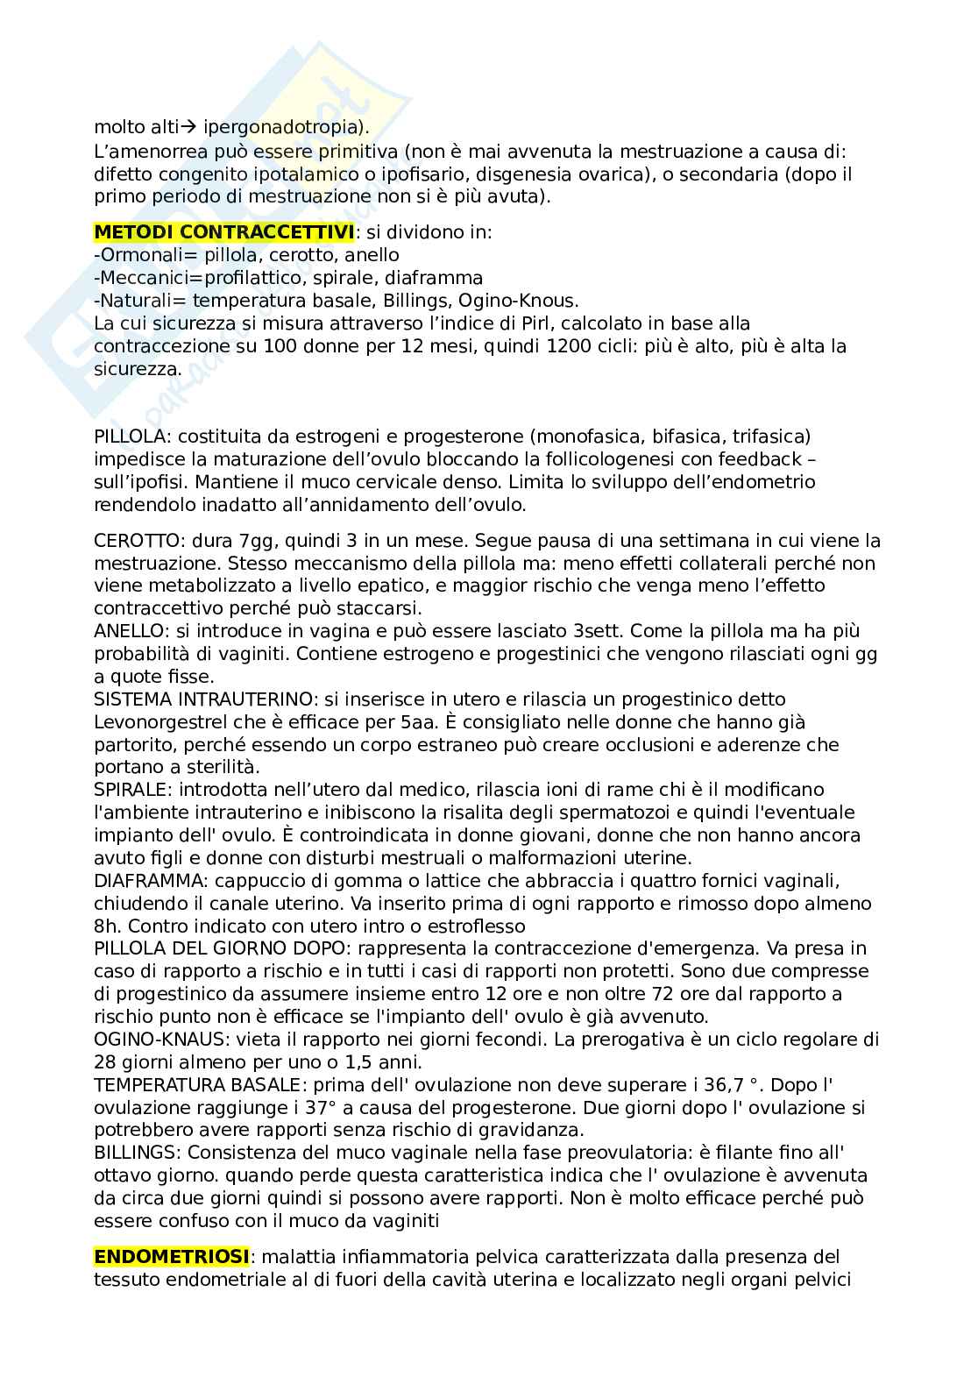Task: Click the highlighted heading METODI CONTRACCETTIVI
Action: [x=223, y=232]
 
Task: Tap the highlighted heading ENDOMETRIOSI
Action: [x=172, y=1257]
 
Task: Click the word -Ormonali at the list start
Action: [x=134, y=255]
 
